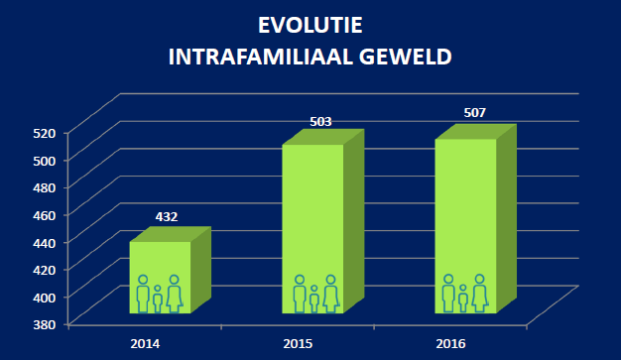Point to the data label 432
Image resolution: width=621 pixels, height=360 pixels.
166,217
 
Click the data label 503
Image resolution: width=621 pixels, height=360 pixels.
319,122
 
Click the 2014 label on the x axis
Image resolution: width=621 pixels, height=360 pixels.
145,343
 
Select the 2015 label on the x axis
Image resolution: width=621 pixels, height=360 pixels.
298,343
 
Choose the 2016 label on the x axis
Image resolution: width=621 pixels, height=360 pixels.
451,343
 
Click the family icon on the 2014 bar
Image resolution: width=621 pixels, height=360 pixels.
159,295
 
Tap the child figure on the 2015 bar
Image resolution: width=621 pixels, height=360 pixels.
314,299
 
